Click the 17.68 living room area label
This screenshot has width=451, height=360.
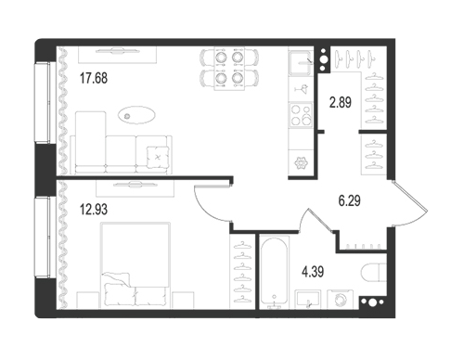(x=94, y=78)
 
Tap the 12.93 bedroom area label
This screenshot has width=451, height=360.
(x=94, y=210)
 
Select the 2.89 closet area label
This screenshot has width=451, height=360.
(x=341, y=102)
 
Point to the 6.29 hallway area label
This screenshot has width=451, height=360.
(x=349, y=200)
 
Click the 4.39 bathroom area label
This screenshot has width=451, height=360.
(x=313, y=272)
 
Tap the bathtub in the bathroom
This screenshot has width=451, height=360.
(x=274, y=272)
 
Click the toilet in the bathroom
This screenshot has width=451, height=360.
(x=374, y=273)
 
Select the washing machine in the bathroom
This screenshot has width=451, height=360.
(x=341, y=300)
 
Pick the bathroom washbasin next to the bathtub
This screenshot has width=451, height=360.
(x=307, y=300)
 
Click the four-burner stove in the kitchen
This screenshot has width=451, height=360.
(x=301, y=115)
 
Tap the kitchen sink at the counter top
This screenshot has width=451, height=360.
(x=301, y=63)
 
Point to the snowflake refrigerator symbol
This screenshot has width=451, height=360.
(x=300, y=163)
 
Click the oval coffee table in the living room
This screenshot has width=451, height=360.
(x=136, y=115)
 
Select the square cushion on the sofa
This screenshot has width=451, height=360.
(x=159, y=157)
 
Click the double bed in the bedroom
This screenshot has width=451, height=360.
(x=135, y=265)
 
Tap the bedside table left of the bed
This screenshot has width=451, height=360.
(x=88, y=300)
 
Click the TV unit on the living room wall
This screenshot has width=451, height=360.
(x=117, y=55)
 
